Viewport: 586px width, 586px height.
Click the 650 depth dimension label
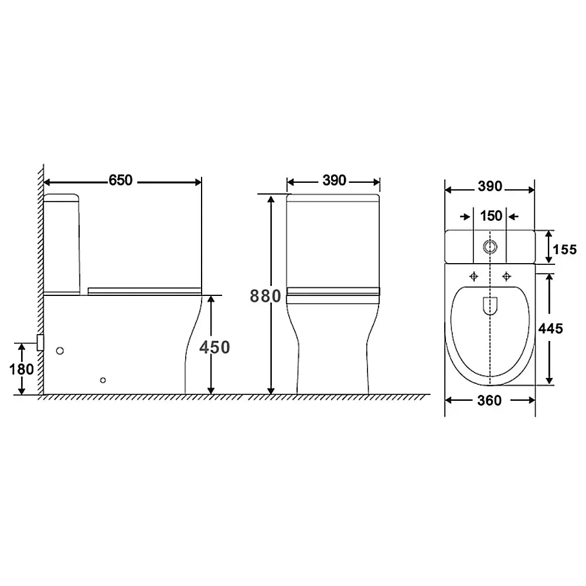click(120, 180)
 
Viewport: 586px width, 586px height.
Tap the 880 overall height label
click(265, 296)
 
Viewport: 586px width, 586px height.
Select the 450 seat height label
click(214, 347)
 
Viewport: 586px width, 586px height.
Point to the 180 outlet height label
click(22, 369)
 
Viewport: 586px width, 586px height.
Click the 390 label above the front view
click(334, 180)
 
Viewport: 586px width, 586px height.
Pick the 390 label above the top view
click(490, 186)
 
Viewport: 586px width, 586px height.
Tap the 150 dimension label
click(491, 216)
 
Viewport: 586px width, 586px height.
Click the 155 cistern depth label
click(565, 249)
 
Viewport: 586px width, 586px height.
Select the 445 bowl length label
click(550, 329)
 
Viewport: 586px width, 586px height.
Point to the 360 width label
click(489, 401)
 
